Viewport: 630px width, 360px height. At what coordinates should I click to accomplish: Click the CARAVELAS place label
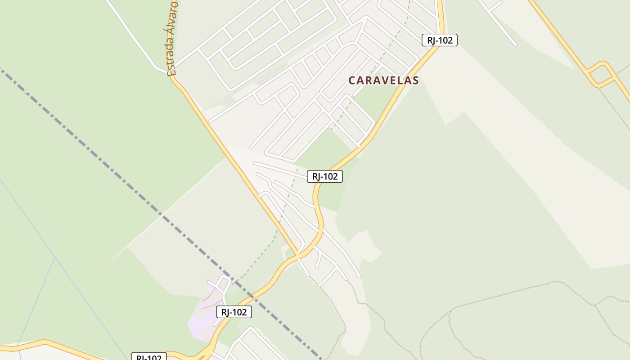tap(383, 81)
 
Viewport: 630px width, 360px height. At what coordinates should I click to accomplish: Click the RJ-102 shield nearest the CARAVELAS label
tap(439, 40)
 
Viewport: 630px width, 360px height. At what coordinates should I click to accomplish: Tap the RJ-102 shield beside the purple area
tap(234, 312)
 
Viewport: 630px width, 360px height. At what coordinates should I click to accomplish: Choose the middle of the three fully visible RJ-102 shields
tap(324, 176)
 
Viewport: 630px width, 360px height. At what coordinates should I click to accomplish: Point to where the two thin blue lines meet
tap(54, 257)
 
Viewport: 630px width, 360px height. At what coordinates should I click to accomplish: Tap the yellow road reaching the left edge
tap(27, 345)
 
